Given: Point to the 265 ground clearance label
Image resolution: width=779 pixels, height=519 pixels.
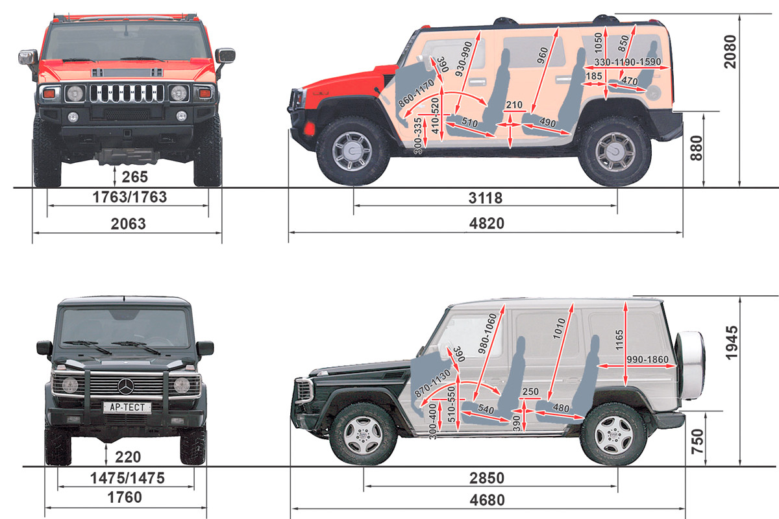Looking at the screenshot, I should (134, 176).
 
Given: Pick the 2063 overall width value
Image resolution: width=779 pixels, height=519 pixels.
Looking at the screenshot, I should (128, 224).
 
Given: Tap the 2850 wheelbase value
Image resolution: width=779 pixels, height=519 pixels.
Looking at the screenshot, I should (487, 478).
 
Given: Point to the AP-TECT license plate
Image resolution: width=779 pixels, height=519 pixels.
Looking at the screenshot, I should (127, 407).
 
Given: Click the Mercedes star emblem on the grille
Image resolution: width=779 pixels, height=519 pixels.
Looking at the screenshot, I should (125, 387).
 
